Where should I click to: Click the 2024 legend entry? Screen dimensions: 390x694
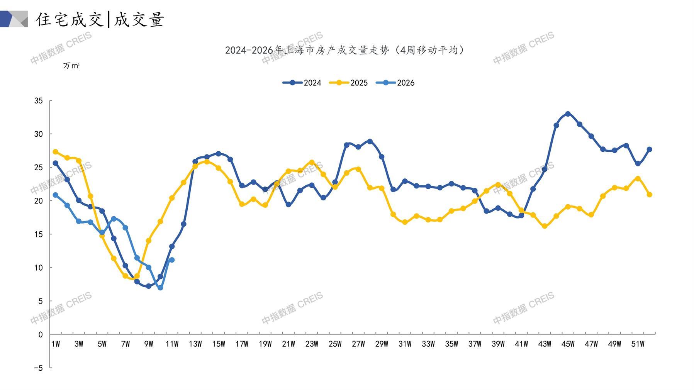302,83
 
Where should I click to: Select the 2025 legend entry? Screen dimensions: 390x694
348,83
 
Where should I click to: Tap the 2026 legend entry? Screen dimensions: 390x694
395,83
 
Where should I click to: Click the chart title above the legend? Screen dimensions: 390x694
345,50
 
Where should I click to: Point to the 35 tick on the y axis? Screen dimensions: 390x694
39,101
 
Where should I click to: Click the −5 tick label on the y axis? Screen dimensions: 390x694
38,368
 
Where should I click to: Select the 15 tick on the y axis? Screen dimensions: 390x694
39,234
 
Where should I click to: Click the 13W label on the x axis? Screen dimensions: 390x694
195,344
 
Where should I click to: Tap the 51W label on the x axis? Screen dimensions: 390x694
638,344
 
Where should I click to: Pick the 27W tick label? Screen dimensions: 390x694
358,344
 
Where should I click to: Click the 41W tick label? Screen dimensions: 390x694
521,344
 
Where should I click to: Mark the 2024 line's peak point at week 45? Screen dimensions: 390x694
568,114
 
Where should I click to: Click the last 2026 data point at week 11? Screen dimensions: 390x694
172,260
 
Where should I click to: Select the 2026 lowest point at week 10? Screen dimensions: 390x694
160,288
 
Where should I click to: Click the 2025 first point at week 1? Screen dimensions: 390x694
56,152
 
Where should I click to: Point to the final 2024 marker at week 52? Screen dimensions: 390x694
649,149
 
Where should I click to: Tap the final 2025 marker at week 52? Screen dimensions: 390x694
649,195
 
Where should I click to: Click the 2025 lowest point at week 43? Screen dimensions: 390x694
545,226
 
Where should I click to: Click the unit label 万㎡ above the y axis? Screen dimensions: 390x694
71,66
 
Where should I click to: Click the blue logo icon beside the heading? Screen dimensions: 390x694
14,19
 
